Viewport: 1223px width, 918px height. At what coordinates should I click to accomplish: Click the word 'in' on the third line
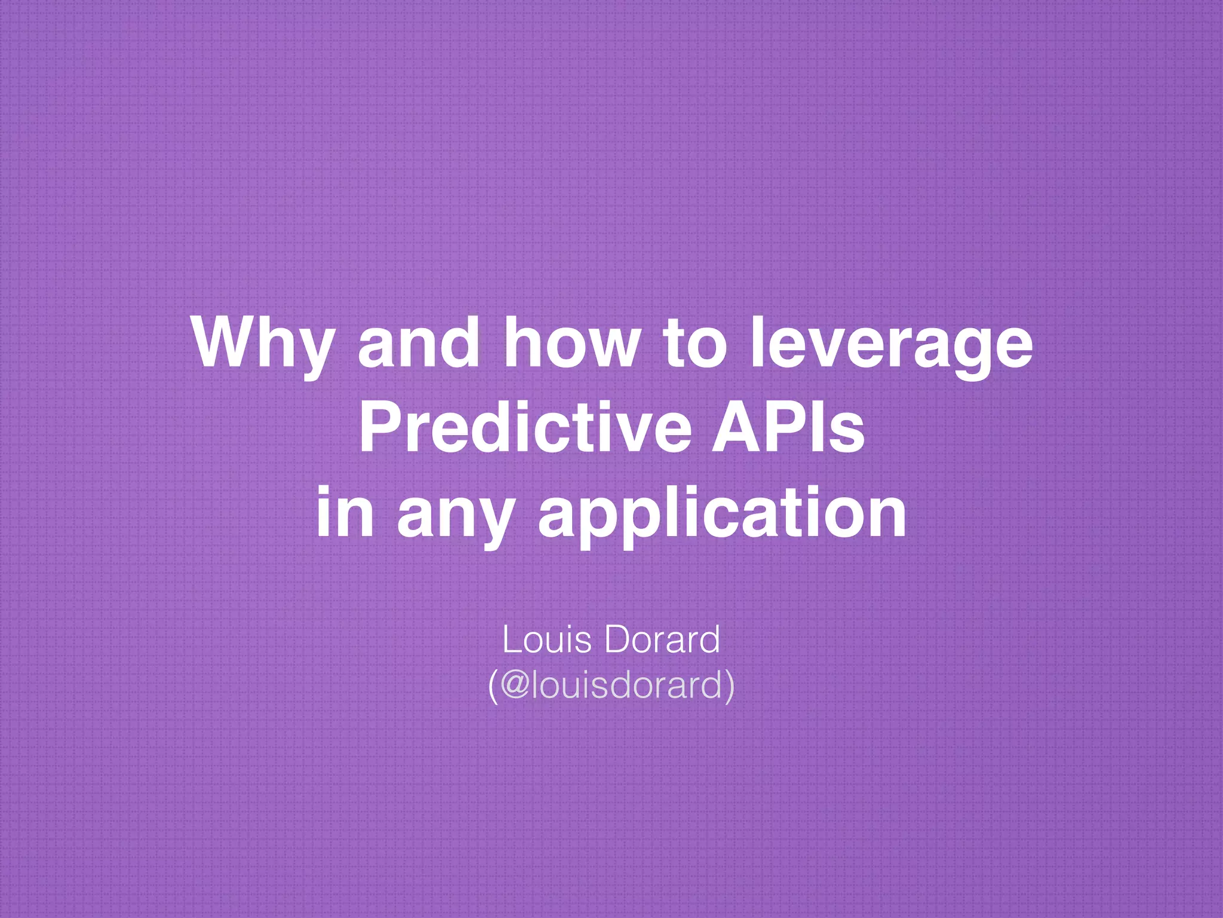(x=345, y=512)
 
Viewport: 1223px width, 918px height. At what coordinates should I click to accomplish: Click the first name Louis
(x=547, y=639)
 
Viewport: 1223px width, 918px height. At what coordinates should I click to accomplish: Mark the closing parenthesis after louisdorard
(x=729, y=686)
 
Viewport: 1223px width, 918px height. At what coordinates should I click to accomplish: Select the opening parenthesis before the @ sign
(x=493, y=686)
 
